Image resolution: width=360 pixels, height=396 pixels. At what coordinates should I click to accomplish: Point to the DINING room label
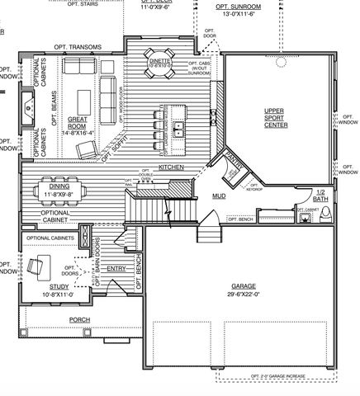pyautogui.click(x=59, y=187)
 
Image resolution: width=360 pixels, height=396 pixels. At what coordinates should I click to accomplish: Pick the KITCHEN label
pyautogui.click(x=171, y=167)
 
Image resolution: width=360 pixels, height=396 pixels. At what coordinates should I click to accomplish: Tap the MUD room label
pyautogui.click(x=218, y=196)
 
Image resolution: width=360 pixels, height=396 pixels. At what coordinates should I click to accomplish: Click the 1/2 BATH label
pyautogui.click(x=320, y=196)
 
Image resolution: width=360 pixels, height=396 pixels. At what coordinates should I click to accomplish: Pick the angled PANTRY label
pyautogui.click(x=232, y=164)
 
